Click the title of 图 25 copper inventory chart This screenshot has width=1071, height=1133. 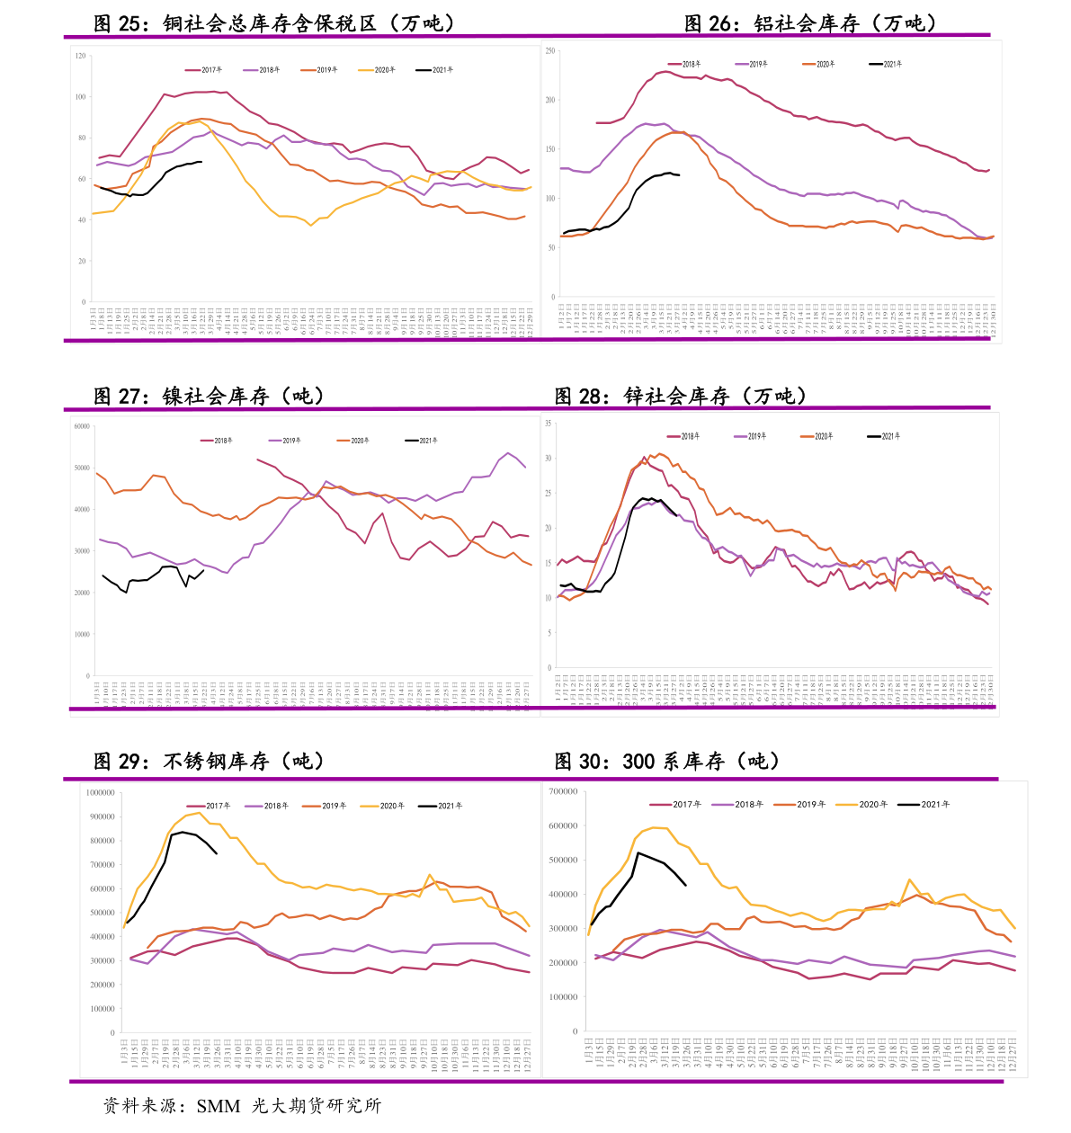[x=274, y=23]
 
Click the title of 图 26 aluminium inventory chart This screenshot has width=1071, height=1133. [x=810, y=23]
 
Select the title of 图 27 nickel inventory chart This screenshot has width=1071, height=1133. [x=209, y=396]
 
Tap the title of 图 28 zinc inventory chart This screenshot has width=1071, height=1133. [x=681, y=396]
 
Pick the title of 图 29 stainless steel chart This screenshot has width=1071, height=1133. [x=209, y=761]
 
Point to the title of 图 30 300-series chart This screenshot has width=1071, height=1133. [x=666, y=761]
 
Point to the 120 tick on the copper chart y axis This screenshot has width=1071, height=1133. [x=81, y=56]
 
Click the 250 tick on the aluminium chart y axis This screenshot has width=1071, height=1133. [x=550, y=51]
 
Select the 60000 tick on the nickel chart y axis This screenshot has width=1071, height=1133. [x=82, y=426]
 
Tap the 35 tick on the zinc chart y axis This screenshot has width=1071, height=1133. [x=548, y=424]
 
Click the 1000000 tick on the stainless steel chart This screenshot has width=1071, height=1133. [x=100, y=793]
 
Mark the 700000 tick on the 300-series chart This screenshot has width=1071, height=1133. [x=563, y=791]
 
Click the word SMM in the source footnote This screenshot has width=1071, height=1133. [x=219, y=1106]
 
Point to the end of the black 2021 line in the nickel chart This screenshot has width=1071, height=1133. [x=204, y=570]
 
